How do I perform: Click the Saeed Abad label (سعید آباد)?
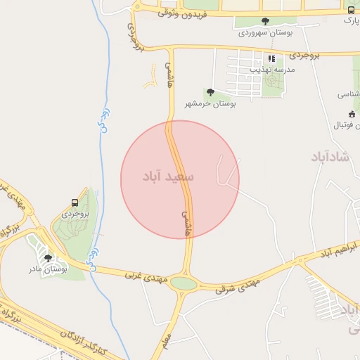click(x=179, y=176)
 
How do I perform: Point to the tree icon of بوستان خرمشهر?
click(x=210, y=92)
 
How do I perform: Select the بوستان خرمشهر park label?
click(x=210, y=103)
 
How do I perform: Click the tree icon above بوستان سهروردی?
click(x=264, y=21)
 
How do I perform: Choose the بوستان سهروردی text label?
click(x=264, y=32)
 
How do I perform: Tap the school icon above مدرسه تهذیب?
click(x=271, y=58)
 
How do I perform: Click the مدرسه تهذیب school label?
click(x=271, y=70)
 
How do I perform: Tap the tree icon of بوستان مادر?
click(x=49, y=258)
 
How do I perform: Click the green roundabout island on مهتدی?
click(x=184, y=283)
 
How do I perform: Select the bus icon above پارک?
click(x=351, y=10)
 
